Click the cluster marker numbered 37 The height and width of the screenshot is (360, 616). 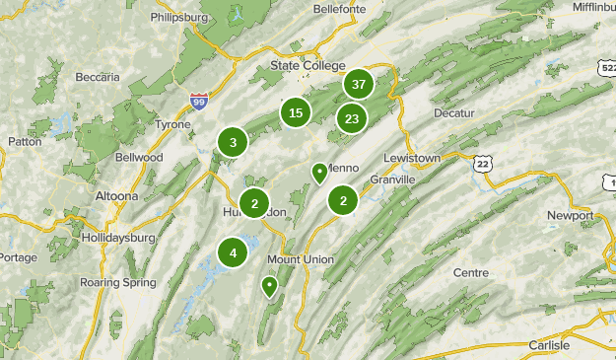click(358, 85)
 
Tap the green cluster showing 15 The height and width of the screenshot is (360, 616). click(296, 112)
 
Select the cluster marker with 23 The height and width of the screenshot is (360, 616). click(352, 118)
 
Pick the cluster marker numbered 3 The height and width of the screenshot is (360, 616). click(233, 142)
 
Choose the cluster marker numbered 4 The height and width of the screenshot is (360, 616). click(233, 252)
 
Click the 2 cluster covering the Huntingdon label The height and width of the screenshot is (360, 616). click(254, 204)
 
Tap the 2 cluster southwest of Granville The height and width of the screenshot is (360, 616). click(343, 201)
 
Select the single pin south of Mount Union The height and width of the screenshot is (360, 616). click(269, 287)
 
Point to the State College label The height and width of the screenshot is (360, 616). click(308, 65)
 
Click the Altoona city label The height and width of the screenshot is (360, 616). click(116, 196)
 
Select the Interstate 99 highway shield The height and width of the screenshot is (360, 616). click(199, 100)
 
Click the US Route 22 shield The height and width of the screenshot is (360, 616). click(481, 164)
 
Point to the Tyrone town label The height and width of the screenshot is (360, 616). click(174, 124)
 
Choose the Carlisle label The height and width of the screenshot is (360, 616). click(549, 344)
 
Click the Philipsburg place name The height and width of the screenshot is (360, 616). click(181, 18)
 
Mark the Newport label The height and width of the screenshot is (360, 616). click(571, 216)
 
